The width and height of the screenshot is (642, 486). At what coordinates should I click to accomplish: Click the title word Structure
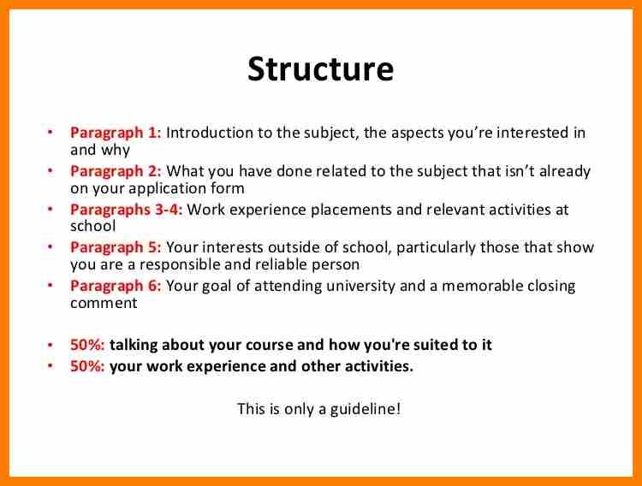pos(321,68)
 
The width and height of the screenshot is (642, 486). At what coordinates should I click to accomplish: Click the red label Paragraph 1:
pos(116,133)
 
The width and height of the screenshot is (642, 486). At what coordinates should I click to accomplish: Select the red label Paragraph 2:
pos(116,171)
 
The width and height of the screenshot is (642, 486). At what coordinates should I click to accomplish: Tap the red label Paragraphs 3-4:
pos(126,210)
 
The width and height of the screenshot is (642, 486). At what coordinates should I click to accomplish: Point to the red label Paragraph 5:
pos(116,248)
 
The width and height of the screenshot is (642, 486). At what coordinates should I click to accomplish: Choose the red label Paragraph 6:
pos(116,286)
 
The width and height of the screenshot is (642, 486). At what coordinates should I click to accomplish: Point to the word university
pos(360,286)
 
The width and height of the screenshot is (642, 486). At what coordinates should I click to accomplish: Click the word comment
pos(104,304)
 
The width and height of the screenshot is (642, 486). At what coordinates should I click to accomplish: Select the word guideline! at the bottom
pos(366,409)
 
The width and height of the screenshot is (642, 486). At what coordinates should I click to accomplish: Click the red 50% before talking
pos(87,345)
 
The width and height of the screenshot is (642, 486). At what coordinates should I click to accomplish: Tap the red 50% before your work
pos(87,366)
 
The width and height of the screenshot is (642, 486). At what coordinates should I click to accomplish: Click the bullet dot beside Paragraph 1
pos(51,133)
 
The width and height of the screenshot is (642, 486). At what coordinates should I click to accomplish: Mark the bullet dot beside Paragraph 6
pos(51,285)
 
